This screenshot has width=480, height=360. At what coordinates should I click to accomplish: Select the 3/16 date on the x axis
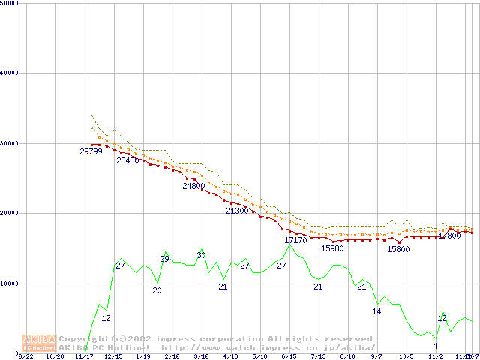201,356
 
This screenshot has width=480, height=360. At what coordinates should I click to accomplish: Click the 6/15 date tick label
289,356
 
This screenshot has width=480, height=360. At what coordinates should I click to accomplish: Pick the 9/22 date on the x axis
25,356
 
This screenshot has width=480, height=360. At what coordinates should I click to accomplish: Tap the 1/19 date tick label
142,356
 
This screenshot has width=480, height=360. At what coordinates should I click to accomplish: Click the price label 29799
91,151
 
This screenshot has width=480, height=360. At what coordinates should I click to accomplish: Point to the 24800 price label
193,186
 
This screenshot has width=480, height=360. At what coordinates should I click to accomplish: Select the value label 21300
237,211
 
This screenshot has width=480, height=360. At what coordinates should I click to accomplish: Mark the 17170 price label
295,240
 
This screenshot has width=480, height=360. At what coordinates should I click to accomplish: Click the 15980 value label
332,248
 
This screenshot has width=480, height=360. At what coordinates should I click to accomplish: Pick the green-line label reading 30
201,256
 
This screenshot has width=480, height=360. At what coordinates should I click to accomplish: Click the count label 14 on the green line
376,311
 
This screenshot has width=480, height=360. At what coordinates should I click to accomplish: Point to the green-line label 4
435,346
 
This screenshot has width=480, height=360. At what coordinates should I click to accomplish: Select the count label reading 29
164,259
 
